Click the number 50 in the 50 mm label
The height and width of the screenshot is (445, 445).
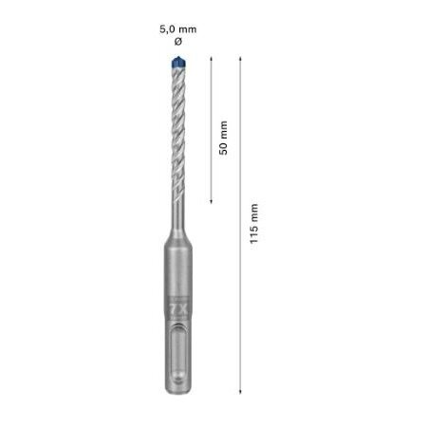(x=224, y=148)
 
